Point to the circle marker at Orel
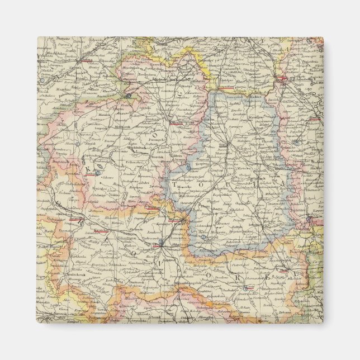[161, 243]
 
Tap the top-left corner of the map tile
[37, 37]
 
